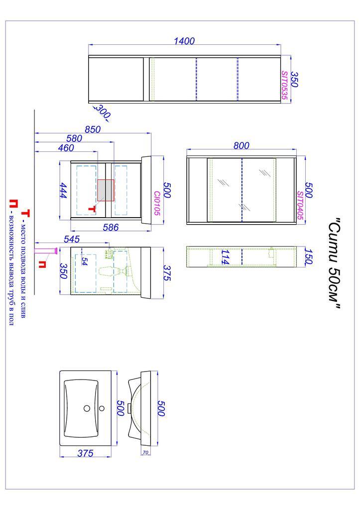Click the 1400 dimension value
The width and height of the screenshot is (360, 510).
pyautogui.click(x=184, y=41)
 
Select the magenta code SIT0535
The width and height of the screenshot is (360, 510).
pyautogui.click(x=284, y=85)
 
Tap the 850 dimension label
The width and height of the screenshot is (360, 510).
pyautogui.click(x=93, y=129)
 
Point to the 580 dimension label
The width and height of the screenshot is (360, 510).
pyautogui.click(x=74, y=138)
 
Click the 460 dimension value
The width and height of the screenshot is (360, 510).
pyautogui.click(x=66, y=147)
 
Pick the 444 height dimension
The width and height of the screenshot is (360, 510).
pyautogui.click(x=63, y=191)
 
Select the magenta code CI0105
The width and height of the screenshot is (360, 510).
pyautogui.click(x=157, y=203)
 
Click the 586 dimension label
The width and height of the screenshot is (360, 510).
pyautogui.click(x=111, y=227)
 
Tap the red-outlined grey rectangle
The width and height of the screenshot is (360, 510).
pyautogui.click(x=106, y=190)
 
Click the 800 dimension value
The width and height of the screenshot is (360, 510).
pyautogui.click(x=241, y=146)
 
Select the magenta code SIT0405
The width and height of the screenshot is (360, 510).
pyautogui.click(x=300, y=205)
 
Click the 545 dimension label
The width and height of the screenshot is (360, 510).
pyautogui.click(x=72, y=239)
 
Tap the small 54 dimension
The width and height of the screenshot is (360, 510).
pyautogui.click(x=84, y=261)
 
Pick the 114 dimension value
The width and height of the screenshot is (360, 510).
pyautogui.click(x=225, y=256)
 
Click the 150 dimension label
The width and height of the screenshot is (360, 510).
pyautogui.click(x=309, y=256)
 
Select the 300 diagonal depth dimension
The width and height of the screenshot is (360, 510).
pyautogui.click(x=103, y=112)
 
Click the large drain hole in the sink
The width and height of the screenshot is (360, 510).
pyautogui.click(x=87, y=408)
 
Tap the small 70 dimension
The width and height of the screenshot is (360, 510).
pyautogui.click(x=145, y=452)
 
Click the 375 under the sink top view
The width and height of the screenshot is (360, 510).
pyautogui.click(x=85, y=453)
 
